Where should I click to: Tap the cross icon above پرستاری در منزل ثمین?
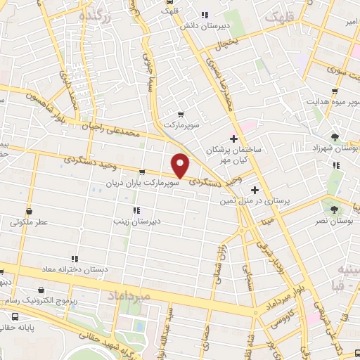coord(255,189)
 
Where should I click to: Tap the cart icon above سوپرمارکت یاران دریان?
coord(142,172)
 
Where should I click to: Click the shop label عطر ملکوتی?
coord(30,222)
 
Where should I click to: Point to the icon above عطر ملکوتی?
coord(30,210)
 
